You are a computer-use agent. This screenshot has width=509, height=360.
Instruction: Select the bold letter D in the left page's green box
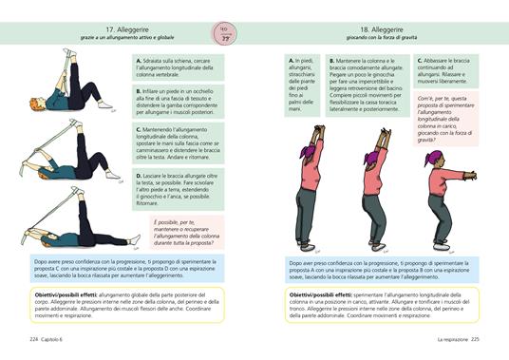140,177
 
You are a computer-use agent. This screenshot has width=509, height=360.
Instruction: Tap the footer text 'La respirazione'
451,339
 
